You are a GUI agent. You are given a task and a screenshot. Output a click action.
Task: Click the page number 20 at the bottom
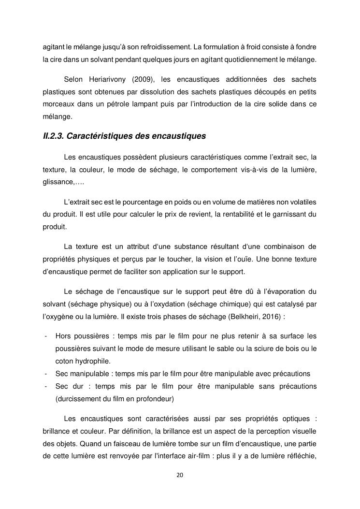pos(180,475)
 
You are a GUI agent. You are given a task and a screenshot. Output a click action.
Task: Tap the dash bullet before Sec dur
pos(45,386)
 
